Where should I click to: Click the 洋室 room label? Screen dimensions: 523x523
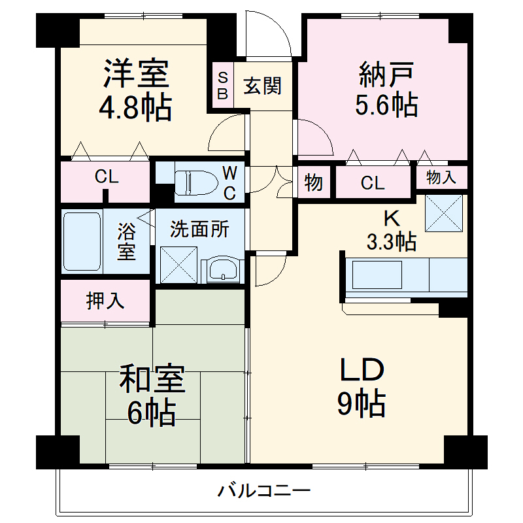tap(137, 74)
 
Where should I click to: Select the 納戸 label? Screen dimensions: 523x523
tap(386, 74)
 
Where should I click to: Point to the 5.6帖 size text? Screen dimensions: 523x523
tap(386, 104)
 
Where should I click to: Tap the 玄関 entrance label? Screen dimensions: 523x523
tap(263, 86)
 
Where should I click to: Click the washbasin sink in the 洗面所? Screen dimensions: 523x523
tap(222, 269)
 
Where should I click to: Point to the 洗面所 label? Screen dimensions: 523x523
tap(199, 230)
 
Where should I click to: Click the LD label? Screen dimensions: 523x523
tap(360, 373)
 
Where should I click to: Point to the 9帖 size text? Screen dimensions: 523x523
tap(361, 405)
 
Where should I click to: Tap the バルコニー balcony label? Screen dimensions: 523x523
tap(264, 490)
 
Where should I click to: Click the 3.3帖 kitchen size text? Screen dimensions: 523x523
tap(391, 243)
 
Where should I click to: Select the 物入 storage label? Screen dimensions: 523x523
tap(442, 177)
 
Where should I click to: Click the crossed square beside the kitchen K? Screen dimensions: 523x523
tap(445, 213)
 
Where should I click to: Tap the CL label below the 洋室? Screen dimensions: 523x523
tap(106, 177)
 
